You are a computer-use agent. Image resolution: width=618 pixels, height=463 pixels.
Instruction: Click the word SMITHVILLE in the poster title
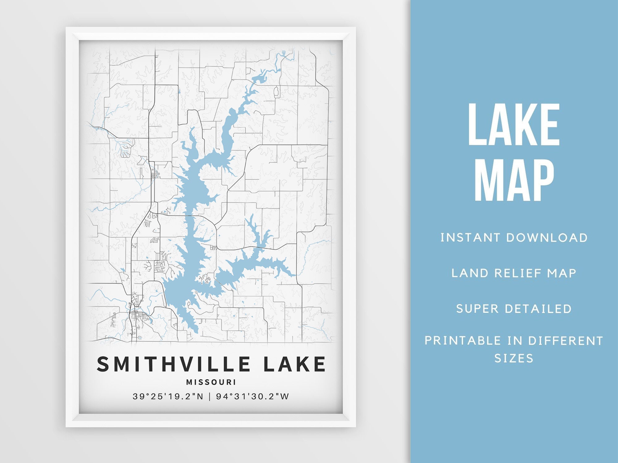tap(173, 364)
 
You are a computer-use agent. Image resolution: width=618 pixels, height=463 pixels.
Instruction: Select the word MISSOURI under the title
tap(211, 382)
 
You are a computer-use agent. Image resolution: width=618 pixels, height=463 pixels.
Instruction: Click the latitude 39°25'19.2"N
tap(168, 396)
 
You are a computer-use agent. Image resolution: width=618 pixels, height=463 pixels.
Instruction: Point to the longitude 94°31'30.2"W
tap(252, 396)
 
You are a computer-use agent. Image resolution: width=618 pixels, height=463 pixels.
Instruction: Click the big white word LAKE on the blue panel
tap(514, 125)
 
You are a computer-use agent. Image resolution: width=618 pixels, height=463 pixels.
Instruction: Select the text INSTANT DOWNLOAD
tap(514, 238)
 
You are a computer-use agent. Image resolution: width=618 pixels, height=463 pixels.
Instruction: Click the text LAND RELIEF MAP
tap(514, 273)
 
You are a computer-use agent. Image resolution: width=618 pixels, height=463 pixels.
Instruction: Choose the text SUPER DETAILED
tap(514, 309)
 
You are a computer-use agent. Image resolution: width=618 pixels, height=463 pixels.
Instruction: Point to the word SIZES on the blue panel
tap(514, 358)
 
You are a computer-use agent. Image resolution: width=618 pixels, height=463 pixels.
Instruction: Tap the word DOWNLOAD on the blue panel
tap(547, 238)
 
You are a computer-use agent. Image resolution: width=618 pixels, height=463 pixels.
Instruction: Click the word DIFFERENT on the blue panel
tap(565, 341)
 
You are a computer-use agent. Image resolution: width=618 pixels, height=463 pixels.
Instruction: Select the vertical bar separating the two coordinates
tap(210, 396)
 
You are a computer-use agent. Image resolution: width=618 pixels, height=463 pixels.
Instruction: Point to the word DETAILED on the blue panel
tap(538, 309)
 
